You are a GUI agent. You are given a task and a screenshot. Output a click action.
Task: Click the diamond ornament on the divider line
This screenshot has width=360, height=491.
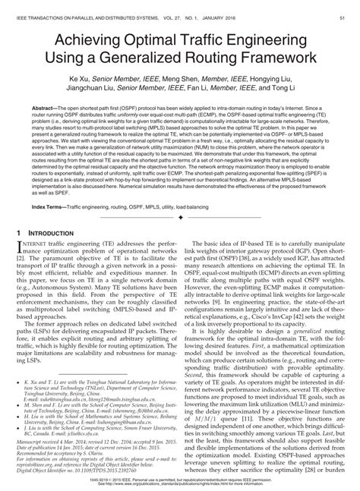coord(180,216)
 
